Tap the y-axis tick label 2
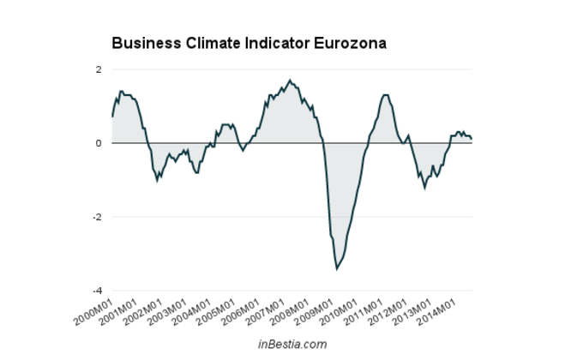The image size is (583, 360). coord(99,69)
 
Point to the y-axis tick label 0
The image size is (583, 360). coord(99,143)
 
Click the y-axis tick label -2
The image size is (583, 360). coord(97,217)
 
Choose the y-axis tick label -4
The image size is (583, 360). coord(97,291)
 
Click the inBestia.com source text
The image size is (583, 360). coord(292,345)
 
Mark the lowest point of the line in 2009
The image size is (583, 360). coord(337,269)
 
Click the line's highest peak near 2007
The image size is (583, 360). coord(290,80)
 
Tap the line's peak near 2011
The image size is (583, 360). coord(385,95)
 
